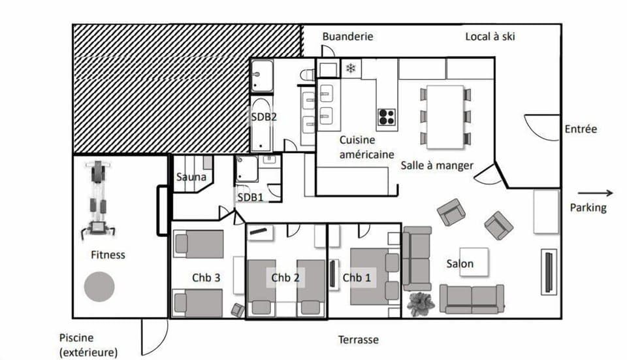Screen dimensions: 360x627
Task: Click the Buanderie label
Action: pyautogui.click(x=347, y=37)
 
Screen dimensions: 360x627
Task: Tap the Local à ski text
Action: pyautogui.click(x=490, y=37)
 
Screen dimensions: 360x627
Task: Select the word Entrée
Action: pyautogui.click(x=581, y=129)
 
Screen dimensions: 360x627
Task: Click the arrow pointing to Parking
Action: pyautogui.click(x=595, y=193)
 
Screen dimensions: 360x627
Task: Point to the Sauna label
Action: pyautogui.click(x=191, y=176)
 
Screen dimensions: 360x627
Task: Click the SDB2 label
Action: pyautogui.click(x=265, y=118)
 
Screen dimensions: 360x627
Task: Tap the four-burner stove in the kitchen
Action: pyautogui.click(x=387, y=117)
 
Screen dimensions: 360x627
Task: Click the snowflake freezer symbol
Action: pyautogui.click(x=351, y=69)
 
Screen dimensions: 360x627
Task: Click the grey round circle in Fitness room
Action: pyautogui.click(x=99, y=286)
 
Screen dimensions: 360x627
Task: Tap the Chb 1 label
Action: pyautogui.click(x=357, y=278)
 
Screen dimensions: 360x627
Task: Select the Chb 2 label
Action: pyautogui.click(x=285, y=278)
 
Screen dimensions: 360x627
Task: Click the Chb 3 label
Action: pyautogui.click(x=206, y=278)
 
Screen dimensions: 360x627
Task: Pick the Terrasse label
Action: pyautogui.click(x=358, y=340)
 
